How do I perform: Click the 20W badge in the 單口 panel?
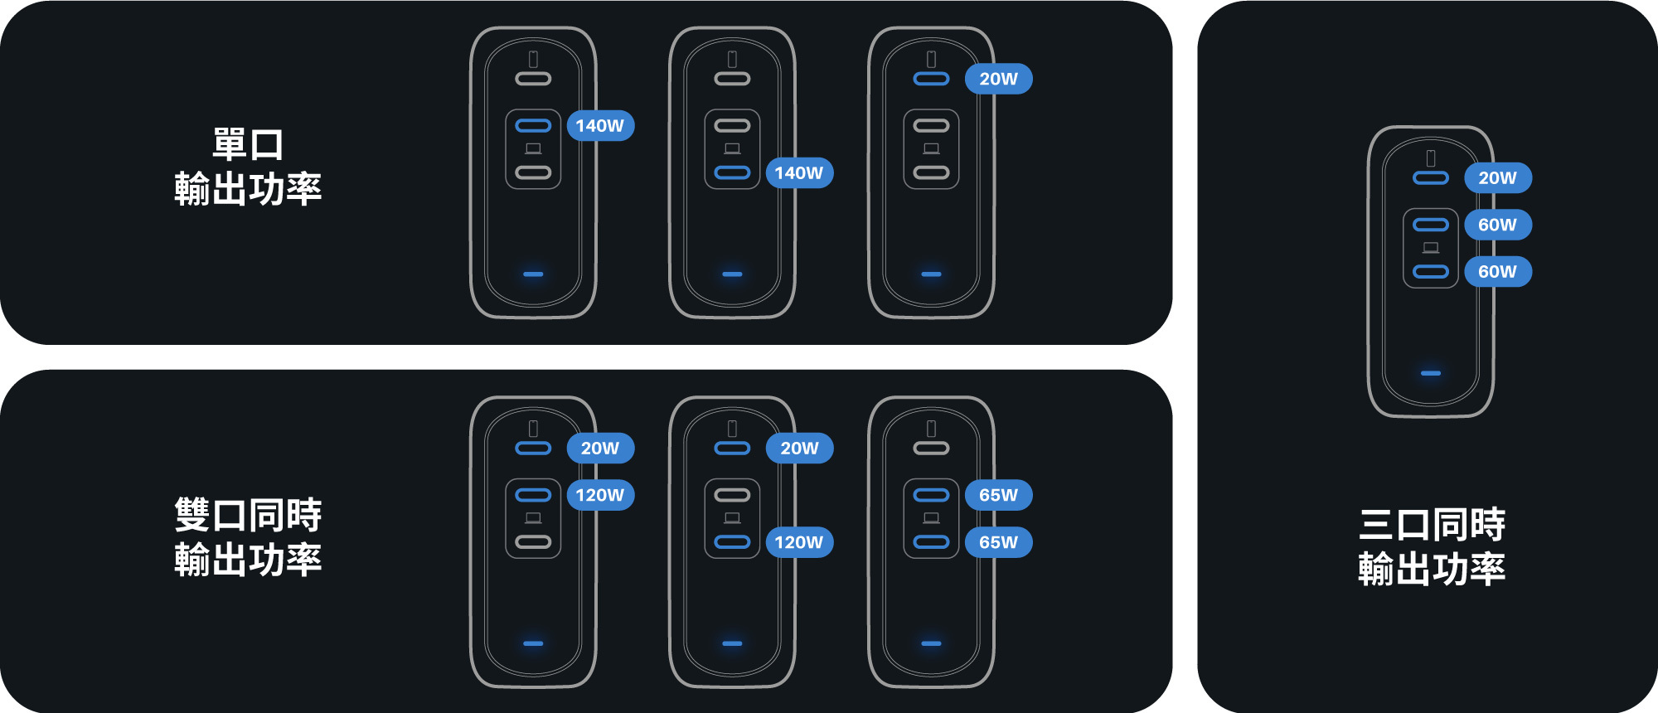point(998,79)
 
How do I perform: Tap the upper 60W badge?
point(1497,225)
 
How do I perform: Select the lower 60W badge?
point(1497,272)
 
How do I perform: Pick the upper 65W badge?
point(998,495)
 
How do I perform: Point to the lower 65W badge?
point(998,542)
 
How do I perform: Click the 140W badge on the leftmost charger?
point(599,126)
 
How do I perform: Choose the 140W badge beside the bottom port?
point(798,173)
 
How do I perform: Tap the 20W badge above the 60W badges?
point(1497,177)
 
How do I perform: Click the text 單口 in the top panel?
point(248,144)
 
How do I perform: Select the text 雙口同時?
point(248,515)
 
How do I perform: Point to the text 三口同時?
point(1432,525)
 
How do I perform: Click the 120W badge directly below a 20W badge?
point(599,495)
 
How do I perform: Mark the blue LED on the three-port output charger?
point(1431,373)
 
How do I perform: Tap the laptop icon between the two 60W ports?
point(1431,248)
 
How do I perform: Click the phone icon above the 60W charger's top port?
point(1431,158)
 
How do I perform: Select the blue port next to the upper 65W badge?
point(931,495)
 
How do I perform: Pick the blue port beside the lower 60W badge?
point(1431,272)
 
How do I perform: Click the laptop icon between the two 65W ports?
point(931,518)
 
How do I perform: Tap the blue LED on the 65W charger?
point(931,643)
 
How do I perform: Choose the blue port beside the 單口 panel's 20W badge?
point(931,79)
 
